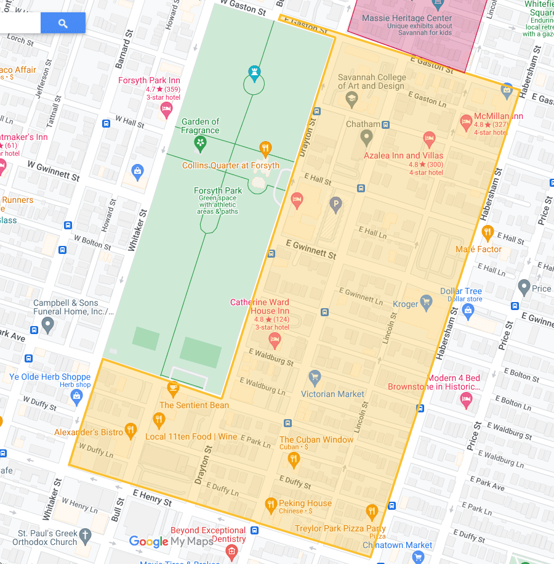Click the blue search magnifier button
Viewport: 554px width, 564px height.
[x=63, y=23]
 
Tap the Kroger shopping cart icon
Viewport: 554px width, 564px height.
[x=425, y=301]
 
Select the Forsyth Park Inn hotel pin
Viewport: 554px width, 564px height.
[x=166, y=110]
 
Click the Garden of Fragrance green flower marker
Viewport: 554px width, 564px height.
[x=200, y=144]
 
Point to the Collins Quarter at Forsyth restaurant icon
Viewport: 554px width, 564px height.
[x=265, y=148]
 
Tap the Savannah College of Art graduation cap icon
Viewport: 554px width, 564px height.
[x=351, y=99]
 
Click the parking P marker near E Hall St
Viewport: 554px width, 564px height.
[x=336, y=203]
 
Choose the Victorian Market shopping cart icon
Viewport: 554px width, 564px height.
[x=315, y=377]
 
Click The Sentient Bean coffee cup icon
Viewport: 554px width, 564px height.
[x=173, y=388]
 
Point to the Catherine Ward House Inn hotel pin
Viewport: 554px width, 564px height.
[x=276, y=340]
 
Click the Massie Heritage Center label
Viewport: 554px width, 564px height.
[x=407, y=18]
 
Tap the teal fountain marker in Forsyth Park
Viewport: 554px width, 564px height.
[x=254, y=73]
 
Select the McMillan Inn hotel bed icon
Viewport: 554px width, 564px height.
[x=467, y=121]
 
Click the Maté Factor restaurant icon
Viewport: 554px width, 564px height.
[x=488, y=232]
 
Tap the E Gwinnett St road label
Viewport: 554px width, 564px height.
[x=311, y=250]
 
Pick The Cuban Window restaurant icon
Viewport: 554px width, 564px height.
[x=294, y=459]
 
